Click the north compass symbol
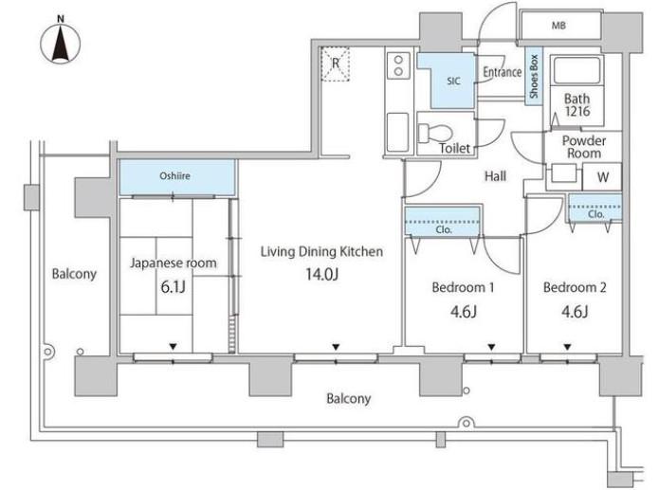[x=61, y=43]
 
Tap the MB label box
[x=559, y=26]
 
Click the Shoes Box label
[x=534, y=76]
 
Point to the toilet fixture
[x=435, y=133]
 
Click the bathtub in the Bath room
[x=577, y=70]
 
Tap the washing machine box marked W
[x=602, y=176]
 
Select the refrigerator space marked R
[x=335, y=64]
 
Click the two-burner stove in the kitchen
[x=399, y=65]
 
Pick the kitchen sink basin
[x=397, y=132]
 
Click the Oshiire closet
[x=177, y=176]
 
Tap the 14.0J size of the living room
[x=322, y=274]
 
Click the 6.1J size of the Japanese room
[x=174, y=287]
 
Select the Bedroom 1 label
[x=463, y=287]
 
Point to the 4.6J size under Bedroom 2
[x=575, y=312]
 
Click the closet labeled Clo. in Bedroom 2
[x=595, y=208]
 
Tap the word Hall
[x=495, y=175]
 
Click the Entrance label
[x=502, y=72]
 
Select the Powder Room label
[x=584, y=147]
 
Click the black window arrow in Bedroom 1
[x=491, y=347]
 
